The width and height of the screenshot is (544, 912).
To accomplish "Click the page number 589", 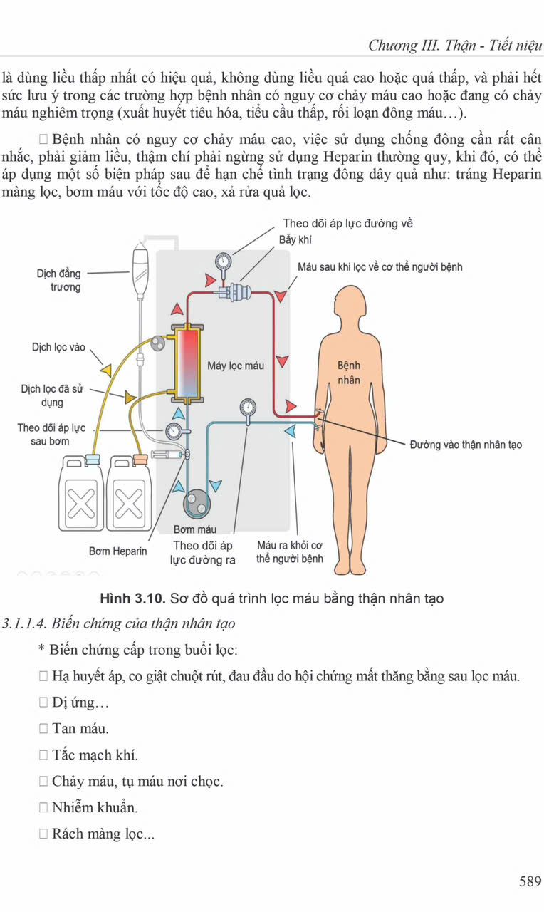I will click(530, 881).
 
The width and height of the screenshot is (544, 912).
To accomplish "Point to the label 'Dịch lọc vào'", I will click(58, 348).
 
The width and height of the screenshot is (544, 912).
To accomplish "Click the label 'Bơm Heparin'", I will click(118, 551).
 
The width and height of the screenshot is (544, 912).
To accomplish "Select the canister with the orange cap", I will click(128, 494).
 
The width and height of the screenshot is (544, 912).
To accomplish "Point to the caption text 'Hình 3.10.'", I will click(133, 598).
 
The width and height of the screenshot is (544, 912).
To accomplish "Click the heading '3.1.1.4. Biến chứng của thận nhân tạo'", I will click(119, 623).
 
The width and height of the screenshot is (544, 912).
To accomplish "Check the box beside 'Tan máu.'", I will click(44, 729).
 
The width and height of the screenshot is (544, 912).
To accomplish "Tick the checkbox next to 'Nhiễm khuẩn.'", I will click(44, 807).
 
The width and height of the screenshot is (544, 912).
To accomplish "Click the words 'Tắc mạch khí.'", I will click(95, 755).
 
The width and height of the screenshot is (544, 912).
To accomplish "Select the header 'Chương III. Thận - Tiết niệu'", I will click(455, 46).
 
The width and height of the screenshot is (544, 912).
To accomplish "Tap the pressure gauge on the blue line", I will click(248, 408).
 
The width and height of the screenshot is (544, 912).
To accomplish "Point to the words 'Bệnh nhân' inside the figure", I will click(349, 373).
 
